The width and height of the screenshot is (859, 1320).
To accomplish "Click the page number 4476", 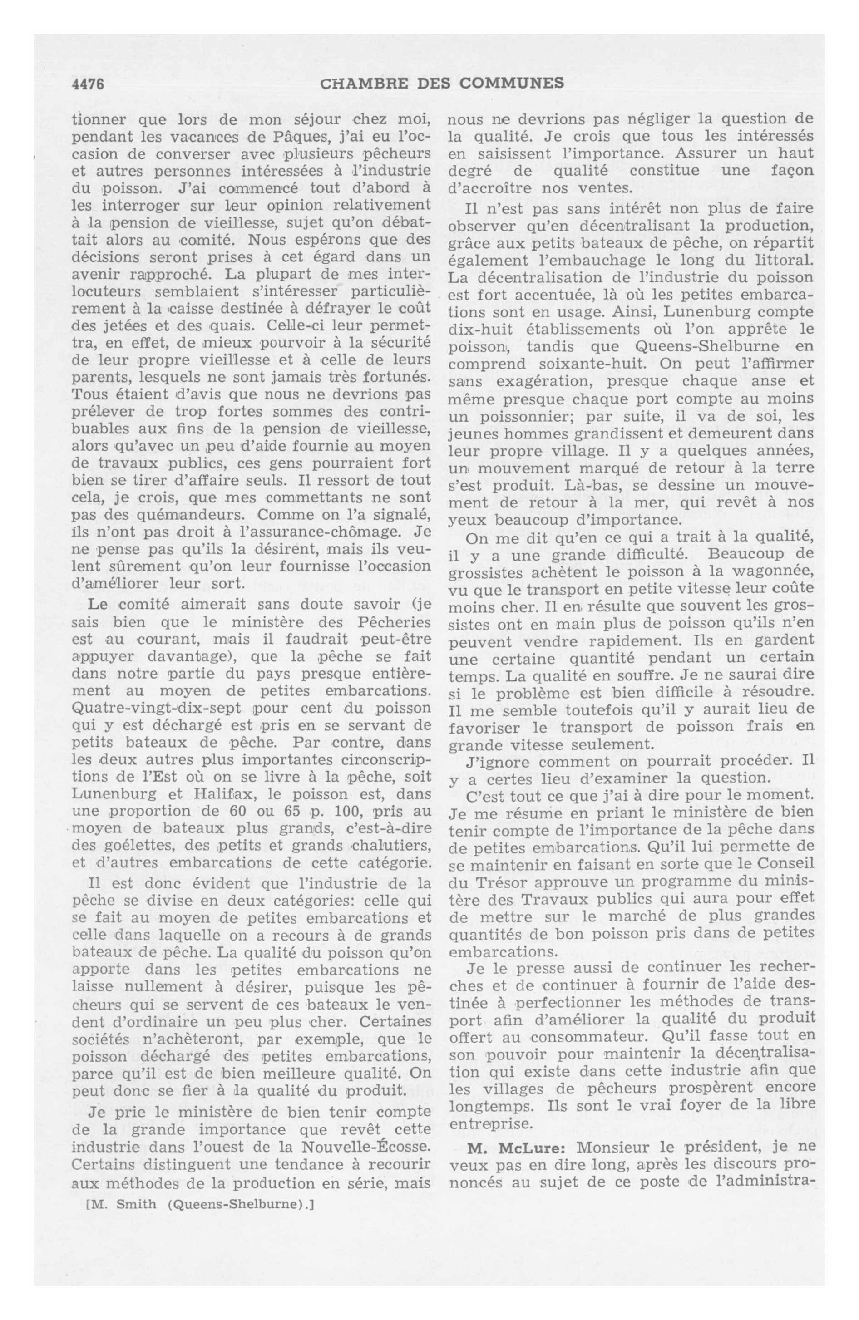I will pyautogui.click(x=88, y=83).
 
